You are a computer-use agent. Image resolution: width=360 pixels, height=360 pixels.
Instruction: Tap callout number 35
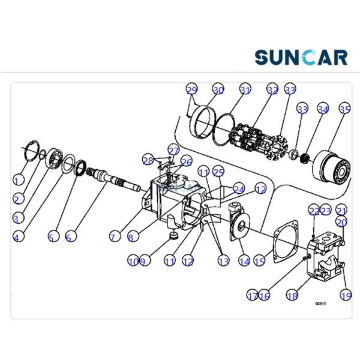(x=344, y=110)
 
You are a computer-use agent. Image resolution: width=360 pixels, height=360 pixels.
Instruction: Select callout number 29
(x=192, y=90)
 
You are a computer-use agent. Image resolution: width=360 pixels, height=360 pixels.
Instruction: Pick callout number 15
(x=259, y=262)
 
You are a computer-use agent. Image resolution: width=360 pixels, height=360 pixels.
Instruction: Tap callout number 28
(x=148, y=160)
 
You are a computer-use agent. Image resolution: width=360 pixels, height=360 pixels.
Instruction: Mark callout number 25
(x=218, y=172)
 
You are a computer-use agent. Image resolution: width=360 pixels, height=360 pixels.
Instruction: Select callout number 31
(x=244, y=90)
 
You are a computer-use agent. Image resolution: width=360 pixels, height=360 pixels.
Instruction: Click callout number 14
(x=244, y=261)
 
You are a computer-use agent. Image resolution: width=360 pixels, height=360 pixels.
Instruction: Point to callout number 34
(x=323, y=110)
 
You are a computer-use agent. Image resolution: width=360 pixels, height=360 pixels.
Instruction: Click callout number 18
(x=292, y=295)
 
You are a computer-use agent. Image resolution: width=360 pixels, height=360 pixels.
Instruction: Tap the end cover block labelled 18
(x=324, y=258)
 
